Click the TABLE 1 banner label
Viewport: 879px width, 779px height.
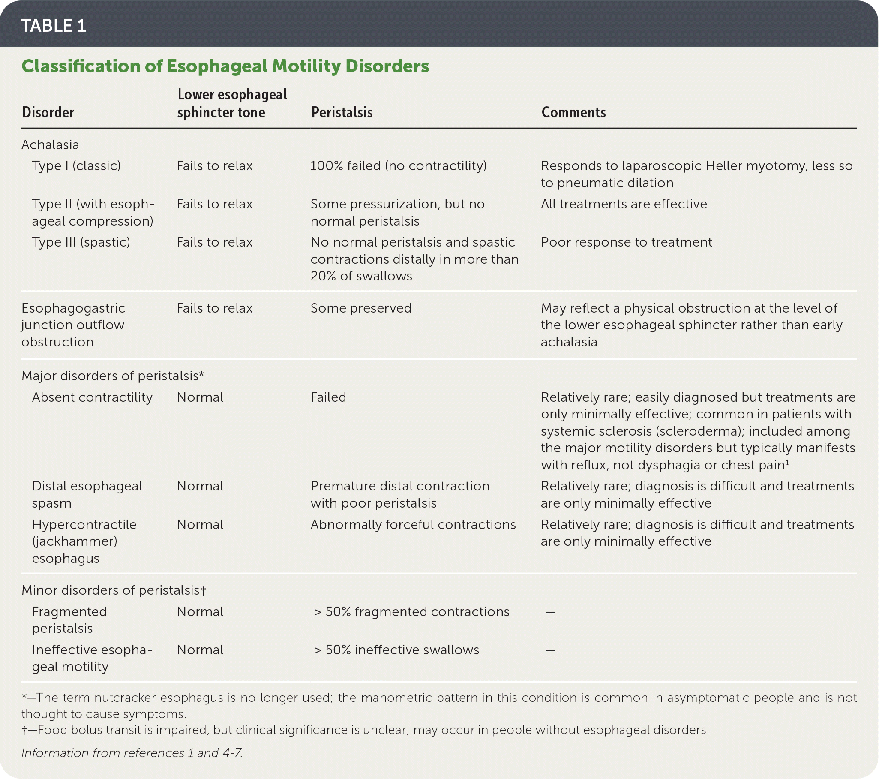click(53, 26)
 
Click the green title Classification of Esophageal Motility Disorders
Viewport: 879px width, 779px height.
click(225, 66)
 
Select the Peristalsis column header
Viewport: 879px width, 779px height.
click(342, 113)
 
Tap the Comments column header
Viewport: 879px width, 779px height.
click(573, 113)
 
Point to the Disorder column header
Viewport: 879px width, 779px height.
click(48, 113)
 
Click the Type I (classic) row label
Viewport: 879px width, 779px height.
click(76, 166)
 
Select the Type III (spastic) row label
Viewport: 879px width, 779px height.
click(81, 242)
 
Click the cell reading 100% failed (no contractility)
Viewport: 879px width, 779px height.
click(398, 166)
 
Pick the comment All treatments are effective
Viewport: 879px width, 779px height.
click(624, 204)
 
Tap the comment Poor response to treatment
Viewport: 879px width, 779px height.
click(626, 242)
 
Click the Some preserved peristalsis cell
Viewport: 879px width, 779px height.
click(361, 308)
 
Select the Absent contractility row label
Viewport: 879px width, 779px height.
click(92, 397)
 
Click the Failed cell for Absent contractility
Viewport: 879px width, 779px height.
click(328, 397)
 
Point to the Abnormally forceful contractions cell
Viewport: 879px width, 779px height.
click(413, 525)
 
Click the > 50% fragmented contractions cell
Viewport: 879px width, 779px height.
click(411, 612)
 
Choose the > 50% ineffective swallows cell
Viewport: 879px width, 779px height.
click(396, 650)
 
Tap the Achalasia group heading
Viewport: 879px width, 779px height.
click(50, 145)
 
